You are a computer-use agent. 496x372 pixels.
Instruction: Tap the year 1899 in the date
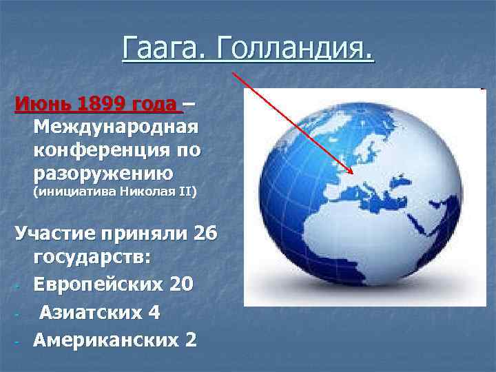[x=105, y=105]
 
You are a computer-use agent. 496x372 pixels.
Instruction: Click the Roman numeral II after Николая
[x=185, y=192]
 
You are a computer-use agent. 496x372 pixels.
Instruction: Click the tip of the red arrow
[x=353, y=174]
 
